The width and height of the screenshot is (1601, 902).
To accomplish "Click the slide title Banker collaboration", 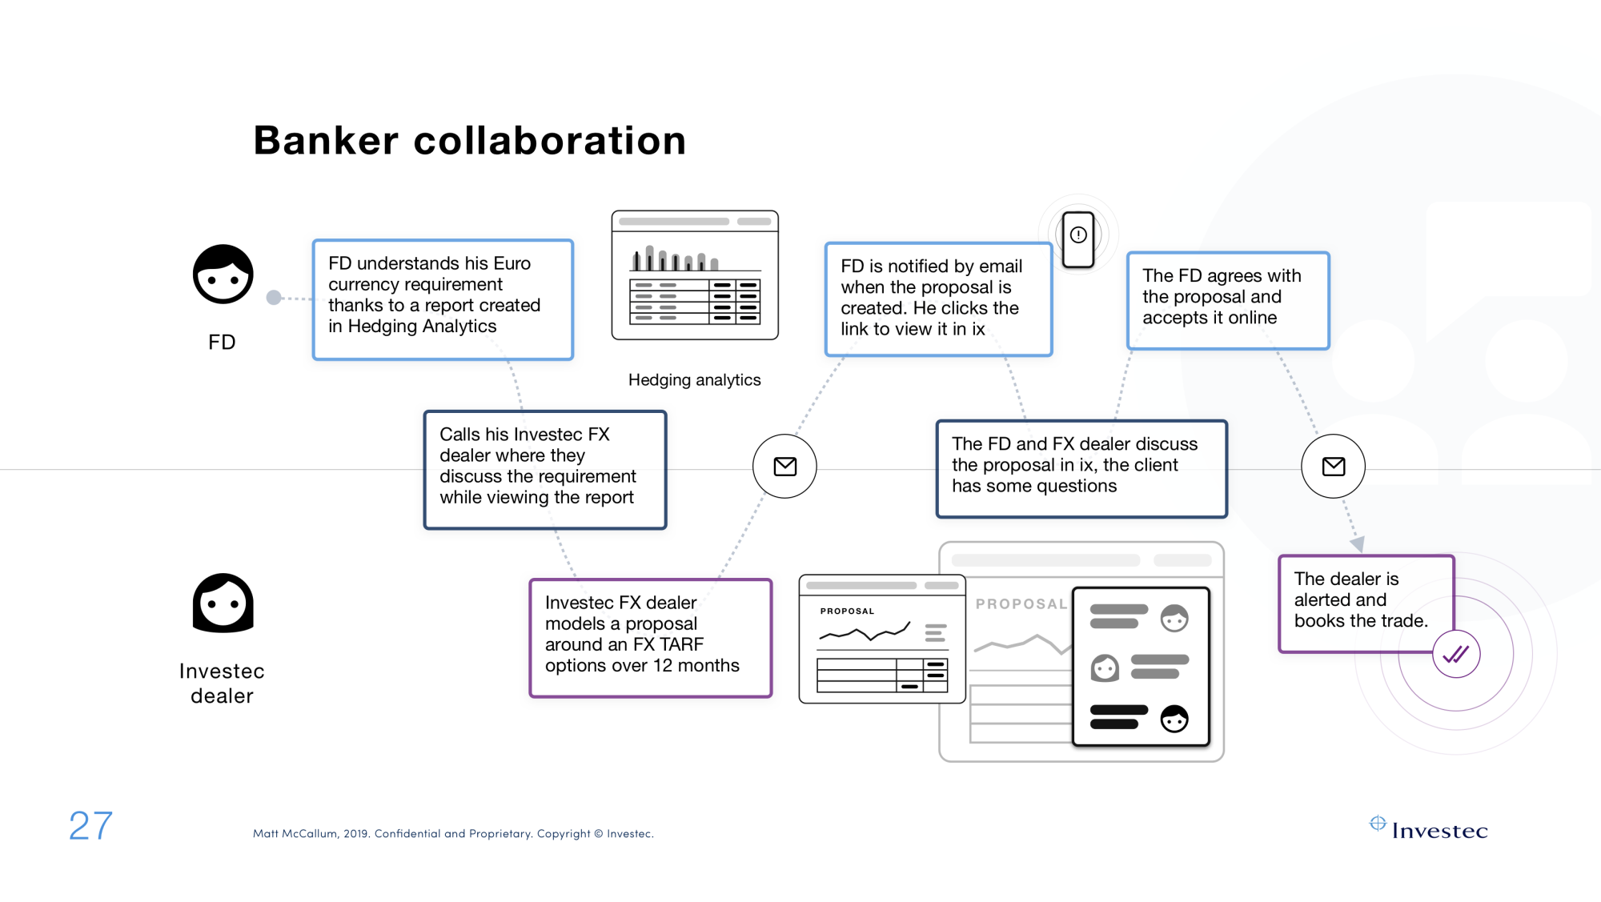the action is pos(470,141).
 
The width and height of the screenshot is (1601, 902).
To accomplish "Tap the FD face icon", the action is pos(223,274).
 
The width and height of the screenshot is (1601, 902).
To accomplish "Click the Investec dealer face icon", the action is pos(223,603).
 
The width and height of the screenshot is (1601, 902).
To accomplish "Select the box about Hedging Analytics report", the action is pos(443,299).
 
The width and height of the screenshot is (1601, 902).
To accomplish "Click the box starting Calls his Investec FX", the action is pos(545,470).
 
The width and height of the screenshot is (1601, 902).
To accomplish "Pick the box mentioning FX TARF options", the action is pos(651,638).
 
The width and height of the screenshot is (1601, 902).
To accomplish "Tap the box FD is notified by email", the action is pos(938,299).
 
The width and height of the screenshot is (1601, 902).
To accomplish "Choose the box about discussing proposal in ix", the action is pos(1081,469).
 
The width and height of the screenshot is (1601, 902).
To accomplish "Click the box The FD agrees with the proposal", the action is pos(1228,300).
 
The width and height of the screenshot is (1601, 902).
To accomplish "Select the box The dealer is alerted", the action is pos(1366,603).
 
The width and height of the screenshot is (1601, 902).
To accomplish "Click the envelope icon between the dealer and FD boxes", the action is pos(784,466).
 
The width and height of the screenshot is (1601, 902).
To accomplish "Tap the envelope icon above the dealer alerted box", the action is pos(1333,466).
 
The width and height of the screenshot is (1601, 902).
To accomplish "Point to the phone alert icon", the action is pos(1078,239).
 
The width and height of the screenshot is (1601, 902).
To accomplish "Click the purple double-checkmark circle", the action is pos(1456,654).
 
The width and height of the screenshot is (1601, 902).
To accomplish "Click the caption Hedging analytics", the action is pos(694,380).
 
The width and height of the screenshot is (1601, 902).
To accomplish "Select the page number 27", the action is pos(90,825).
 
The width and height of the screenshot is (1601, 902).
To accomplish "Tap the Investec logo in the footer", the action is pos(1429,828).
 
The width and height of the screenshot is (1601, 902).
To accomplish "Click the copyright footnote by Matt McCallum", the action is pos(453,833).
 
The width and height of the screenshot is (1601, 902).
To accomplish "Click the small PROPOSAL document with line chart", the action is pos(882,639).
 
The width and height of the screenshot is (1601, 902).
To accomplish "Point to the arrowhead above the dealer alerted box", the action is pos(1358,544).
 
